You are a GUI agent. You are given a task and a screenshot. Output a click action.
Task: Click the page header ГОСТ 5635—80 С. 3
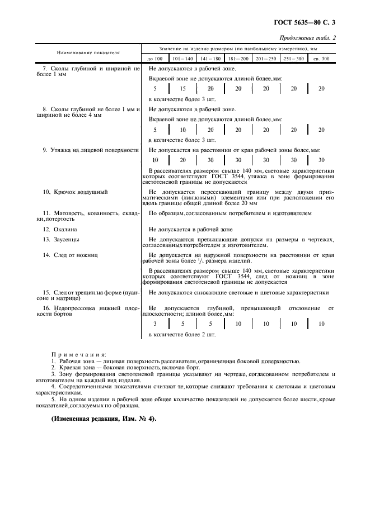coord(308,23)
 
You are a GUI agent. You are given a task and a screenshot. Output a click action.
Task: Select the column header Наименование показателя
coord(88,53)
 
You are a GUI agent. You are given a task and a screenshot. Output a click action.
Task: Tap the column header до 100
coord(155,59)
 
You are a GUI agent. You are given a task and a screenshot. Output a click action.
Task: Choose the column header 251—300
coord(293,59)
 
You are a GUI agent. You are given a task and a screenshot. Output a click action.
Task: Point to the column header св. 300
coord(321,59)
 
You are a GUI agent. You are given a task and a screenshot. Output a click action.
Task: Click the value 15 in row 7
coord(182,88)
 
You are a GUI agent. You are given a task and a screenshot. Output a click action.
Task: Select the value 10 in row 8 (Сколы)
coord(182,130)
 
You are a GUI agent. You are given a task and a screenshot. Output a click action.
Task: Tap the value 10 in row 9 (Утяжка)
coord(155,160)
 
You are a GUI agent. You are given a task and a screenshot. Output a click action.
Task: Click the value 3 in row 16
coord(155,324)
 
